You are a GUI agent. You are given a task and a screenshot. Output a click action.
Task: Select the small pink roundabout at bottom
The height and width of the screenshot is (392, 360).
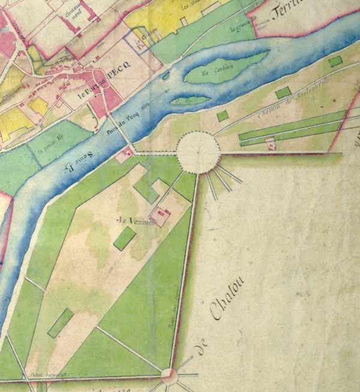(169, 376)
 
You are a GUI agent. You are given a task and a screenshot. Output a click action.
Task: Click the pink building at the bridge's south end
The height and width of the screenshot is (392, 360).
(125, 155)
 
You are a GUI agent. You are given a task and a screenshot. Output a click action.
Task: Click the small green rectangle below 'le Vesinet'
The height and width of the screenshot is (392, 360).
(124, 239)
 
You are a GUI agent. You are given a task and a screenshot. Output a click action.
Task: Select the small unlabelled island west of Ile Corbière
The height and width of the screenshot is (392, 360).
(190, 101)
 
